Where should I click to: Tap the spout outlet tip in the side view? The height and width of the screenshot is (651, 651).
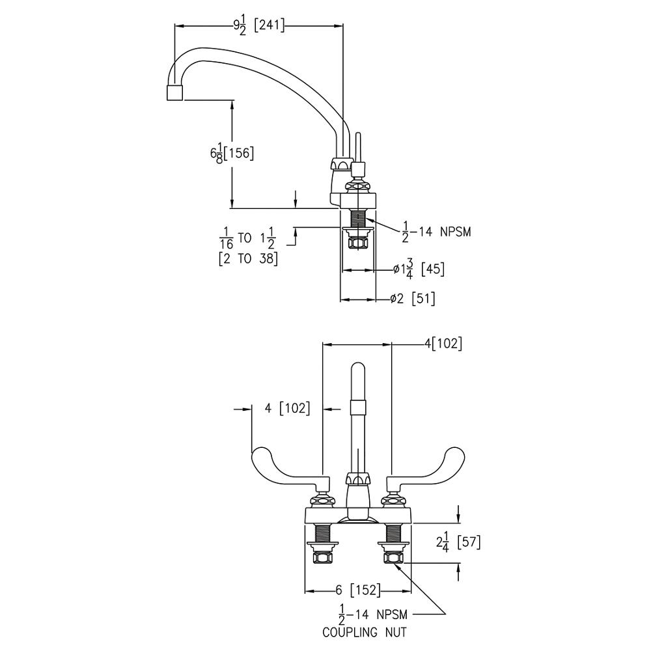[174, 92]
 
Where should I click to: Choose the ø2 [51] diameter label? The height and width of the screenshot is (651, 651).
[413, 299]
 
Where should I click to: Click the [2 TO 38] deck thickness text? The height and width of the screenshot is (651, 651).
[247, 258]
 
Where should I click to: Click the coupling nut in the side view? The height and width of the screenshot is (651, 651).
[357, 243]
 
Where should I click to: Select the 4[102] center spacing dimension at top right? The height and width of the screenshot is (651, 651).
[443, 344]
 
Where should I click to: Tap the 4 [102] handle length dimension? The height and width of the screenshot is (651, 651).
[287, 409]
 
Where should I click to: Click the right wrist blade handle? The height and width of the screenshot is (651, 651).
[430, 463]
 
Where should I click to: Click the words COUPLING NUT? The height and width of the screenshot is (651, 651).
[365, 631]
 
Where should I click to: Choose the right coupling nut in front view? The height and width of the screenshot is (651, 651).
[394, 557]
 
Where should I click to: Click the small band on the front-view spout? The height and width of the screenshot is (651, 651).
[357, 408]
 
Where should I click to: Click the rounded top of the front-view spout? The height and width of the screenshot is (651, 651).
[357, 370]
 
